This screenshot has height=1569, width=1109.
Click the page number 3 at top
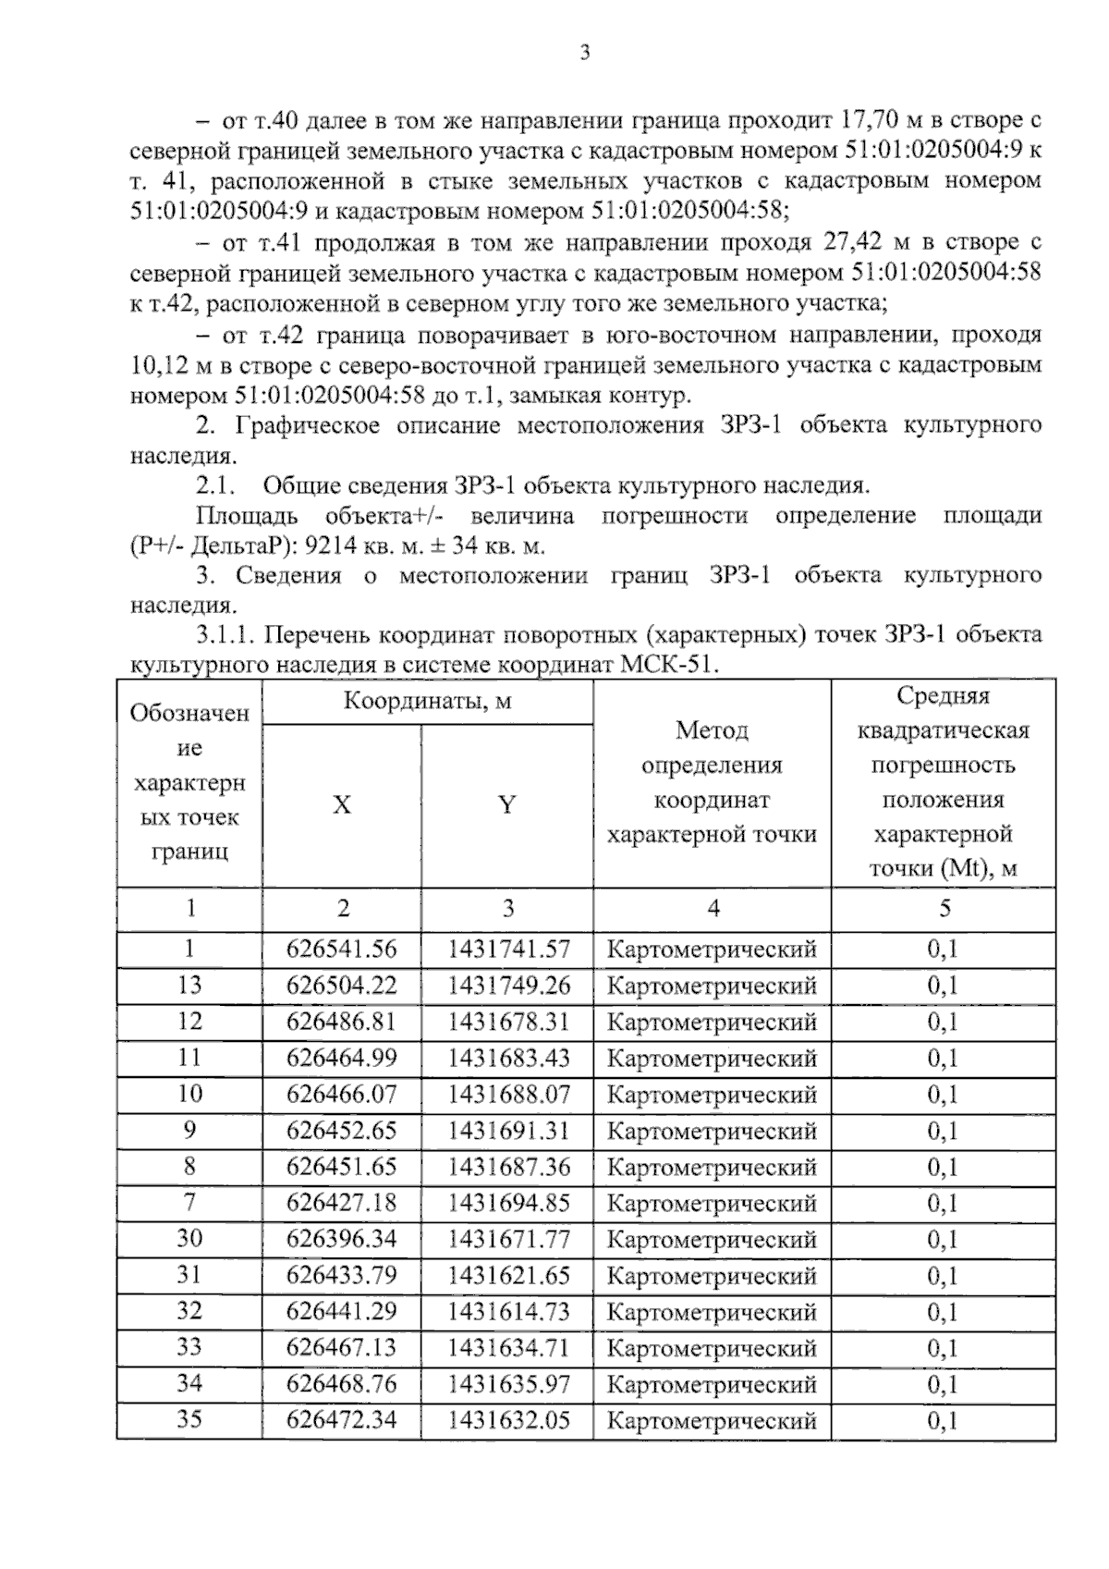(x=584, y=53)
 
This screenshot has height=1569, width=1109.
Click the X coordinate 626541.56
(x=341, y=949)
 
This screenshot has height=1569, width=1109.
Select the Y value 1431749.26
(x=508, y=986)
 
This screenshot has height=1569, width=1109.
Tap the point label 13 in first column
(x=189, y=985)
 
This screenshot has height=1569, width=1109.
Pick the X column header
(x=341, y=805)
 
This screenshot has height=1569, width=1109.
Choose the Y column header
(x=506, y=805)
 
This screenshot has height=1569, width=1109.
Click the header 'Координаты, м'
(x=427, y=701)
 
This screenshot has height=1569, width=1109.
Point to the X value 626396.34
(x=341, y=1239)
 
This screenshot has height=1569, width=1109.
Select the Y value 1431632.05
(x=508, y=1420)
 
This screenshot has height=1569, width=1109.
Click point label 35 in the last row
(x=189, y=1419)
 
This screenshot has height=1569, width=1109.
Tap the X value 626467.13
(x=341, y=1348)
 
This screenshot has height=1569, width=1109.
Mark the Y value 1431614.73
(x=508, y=1312)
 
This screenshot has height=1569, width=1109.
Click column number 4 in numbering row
(x=713, y=909)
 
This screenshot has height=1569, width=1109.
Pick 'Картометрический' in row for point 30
(x=712, y=1240)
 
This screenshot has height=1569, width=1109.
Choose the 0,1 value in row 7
(x=943, y=1203)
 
